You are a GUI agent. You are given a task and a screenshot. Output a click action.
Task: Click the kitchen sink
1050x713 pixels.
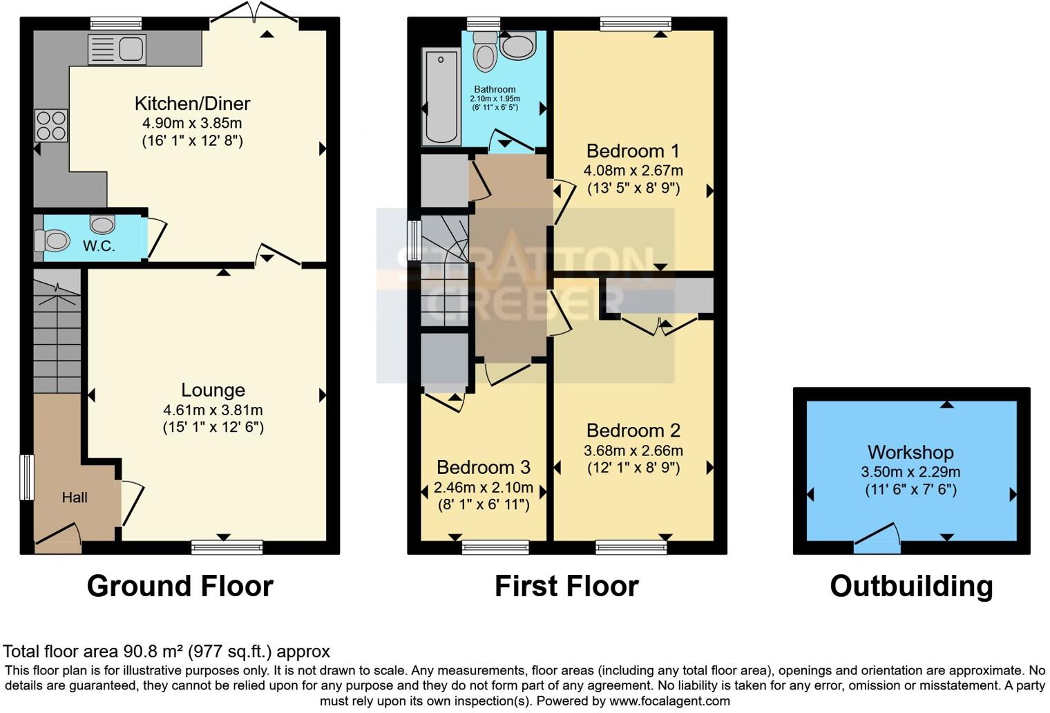coord(117,49)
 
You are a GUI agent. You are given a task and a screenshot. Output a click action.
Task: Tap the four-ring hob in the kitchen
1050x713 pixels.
coord(51,126)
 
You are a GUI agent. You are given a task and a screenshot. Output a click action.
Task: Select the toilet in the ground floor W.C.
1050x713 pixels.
coord(53,241)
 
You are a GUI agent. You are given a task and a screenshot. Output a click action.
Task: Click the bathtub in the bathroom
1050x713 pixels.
coord(441,96)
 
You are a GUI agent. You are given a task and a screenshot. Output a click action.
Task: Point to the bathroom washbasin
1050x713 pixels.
coord(517,47)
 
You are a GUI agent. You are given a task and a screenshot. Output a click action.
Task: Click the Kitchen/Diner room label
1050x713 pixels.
coord(192,104)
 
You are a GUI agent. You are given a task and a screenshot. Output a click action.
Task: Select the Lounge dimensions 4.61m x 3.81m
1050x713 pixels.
coord(213,410)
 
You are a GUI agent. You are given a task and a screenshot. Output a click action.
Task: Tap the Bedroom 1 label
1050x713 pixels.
coord(633,151)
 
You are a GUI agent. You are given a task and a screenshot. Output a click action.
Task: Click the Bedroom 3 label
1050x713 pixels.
coord(484,467)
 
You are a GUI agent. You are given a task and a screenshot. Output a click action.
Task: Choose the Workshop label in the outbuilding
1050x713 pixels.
coord(910,452)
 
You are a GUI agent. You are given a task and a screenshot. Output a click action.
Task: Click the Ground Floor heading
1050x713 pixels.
coord(180,586)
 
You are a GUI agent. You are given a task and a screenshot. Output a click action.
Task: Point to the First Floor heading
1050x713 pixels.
coord(566,586)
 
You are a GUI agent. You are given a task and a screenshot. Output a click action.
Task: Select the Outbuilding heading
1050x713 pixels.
coord(911,586)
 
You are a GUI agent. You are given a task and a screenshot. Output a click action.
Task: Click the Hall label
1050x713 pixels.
coord(75,497)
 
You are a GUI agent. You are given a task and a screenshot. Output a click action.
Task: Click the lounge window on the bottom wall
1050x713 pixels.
coord(227,548)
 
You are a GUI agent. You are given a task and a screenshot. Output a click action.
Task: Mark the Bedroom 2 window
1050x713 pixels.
coord(631,548)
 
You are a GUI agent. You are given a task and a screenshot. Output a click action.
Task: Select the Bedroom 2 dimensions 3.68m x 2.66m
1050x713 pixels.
coord(633,450)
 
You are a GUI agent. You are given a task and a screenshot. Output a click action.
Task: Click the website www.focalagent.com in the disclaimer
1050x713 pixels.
coord(668,701)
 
